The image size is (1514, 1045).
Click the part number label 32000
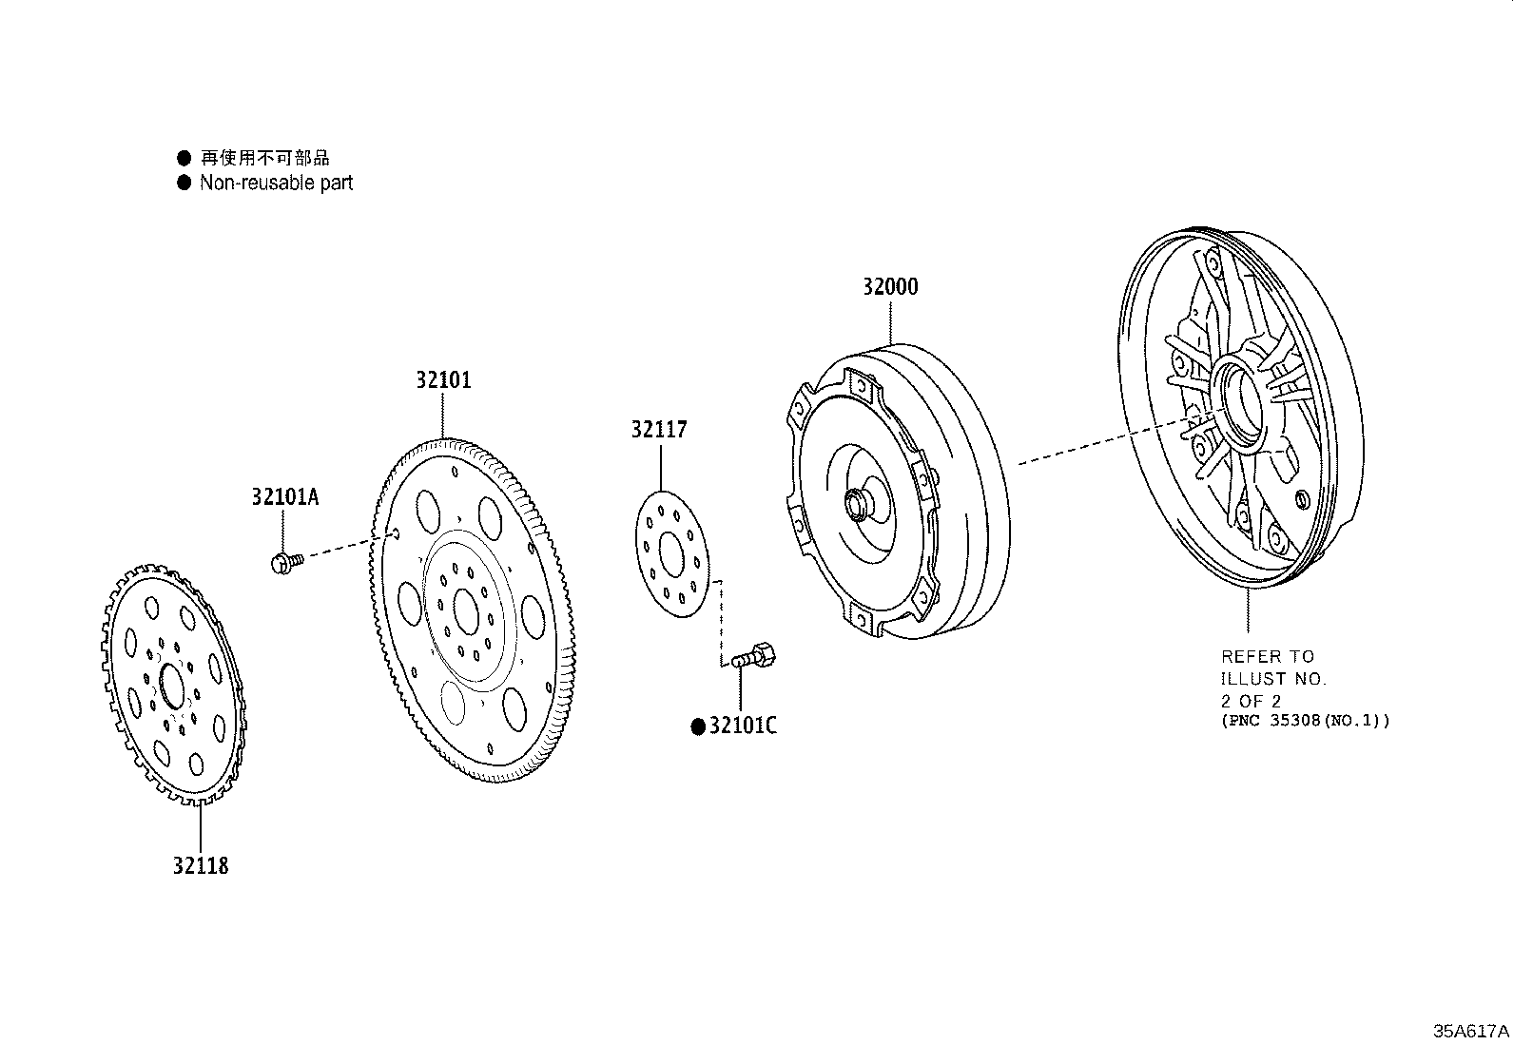tap(890, 286)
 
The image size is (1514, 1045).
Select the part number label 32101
tap(443, 380)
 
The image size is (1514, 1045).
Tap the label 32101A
tap(284, 496)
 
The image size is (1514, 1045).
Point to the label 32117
tap(659, 429)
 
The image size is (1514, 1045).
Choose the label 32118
tap(201, 865)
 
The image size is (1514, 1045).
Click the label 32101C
tap(743, 726)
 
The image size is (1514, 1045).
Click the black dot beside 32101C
tap(698, 726)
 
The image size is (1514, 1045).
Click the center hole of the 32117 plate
tap(671, 554)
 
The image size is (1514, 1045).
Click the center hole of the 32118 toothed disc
tap(172, 687)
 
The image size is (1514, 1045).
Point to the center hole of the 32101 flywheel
tap(466, 611)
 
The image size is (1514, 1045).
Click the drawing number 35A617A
tap(1471, 1031)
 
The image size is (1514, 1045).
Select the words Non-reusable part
tap(277, 183)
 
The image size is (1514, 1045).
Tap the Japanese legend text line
tap(265, 158)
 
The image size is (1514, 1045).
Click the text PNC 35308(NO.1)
tap(1305, 721)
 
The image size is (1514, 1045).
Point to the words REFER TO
tap(1268, 656)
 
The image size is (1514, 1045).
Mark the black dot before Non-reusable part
tap(184, 183)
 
